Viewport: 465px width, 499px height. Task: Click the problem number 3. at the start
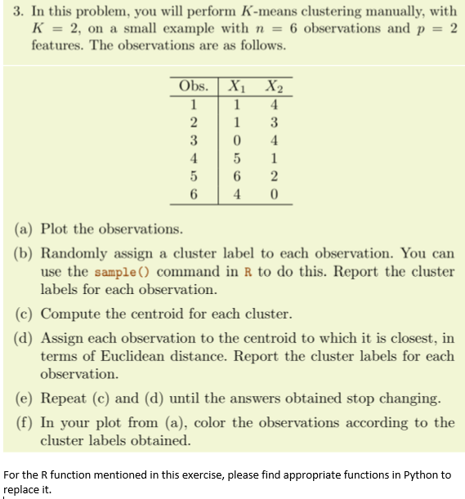[15, 11]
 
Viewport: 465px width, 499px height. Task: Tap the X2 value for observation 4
[275, 157]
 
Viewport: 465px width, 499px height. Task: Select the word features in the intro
[58, 44]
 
